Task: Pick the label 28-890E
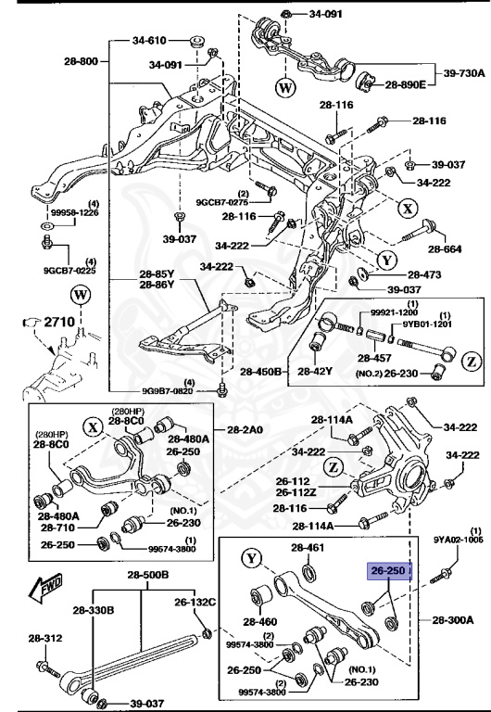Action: [405, 84]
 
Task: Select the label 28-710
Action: [59, 527]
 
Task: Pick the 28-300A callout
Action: [452, 618]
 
